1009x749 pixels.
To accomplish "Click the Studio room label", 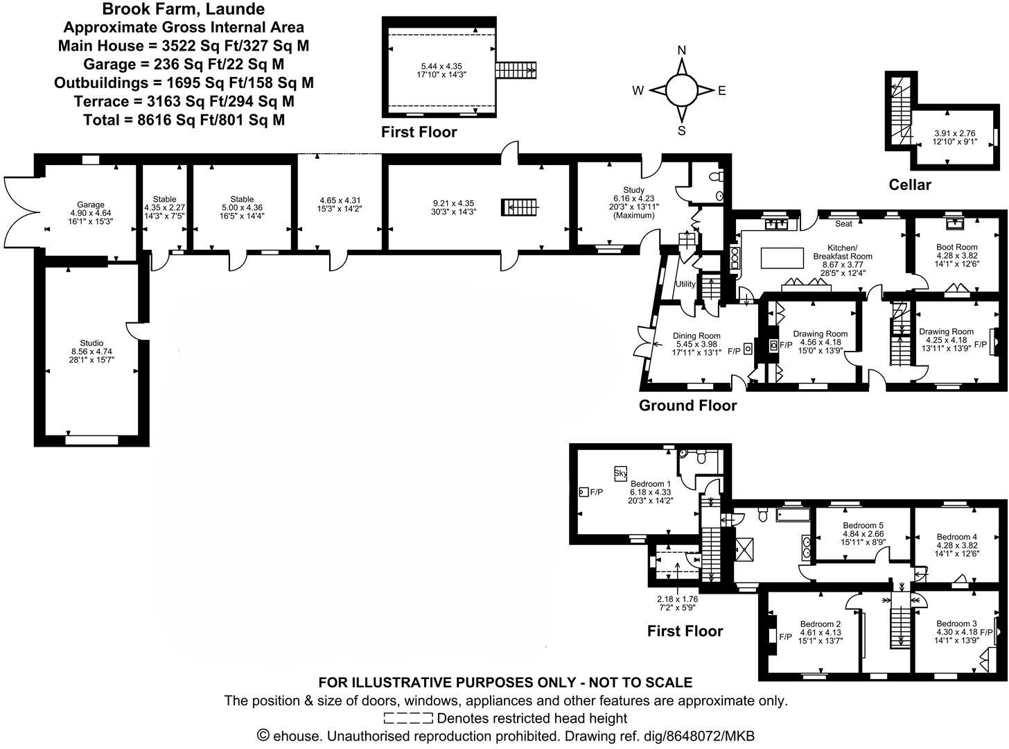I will point(91,343).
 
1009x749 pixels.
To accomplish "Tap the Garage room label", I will point(91,205).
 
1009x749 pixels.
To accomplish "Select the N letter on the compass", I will point(681,50).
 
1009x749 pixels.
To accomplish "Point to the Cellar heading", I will point(910,184).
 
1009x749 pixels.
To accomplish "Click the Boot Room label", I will point(956,247).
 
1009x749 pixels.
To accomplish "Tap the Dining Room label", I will point(696,336).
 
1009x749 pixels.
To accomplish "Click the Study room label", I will point(633,190).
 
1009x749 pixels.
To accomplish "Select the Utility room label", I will point(685,284).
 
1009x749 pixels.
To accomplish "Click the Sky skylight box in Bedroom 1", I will point(620,474).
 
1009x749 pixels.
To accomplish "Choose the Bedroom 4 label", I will point(956,537).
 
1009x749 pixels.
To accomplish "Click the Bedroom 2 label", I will point(820,623).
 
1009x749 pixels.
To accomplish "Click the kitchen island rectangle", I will point(781,257).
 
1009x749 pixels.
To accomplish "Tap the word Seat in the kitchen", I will point(843,224).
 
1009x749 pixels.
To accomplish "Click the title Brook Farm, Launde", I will point(183,10).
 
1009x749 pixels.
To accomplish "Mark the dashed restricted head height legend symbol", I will point(407,718).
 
